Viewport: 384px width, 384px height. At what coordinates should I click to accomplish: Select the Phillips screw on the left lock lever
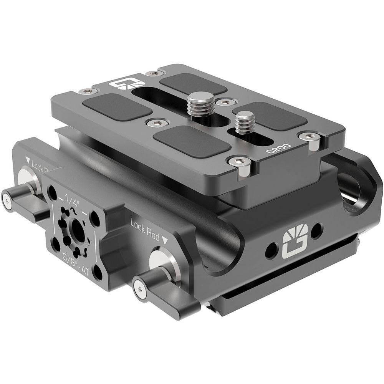[x=7, y=200]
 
